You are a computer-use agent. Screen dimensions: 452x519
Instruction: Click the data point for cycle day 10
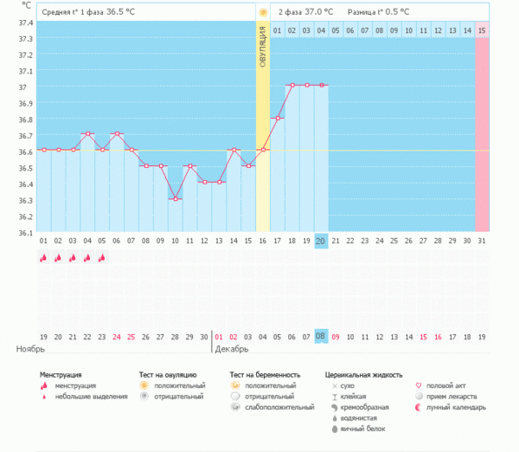[175, 199]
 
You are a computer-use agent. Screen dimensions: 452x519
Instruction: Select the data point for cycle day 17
[277, 118]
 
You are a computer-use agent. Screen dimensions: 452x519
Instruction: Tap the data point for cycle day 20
[321, 85]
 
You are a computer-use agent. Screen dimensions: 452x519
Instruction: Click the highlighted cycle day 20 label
[321, 241]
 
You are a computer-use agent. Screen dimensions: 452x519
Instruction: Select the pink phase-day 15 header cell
[482, 30]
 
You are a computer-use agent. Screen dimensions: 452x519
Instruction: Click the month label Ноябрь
[30, 349]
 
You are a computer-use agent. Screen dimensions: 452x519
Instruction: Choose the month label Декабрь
[231, 349]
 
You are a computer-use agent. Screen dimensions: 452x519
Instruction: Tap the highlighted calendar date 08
[321, 336]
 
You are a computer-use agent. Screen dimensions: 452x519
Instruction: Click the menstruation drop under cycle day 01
[43, 258]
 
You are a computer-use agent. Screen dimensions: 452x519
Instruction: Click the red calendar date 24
[116, 336]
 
